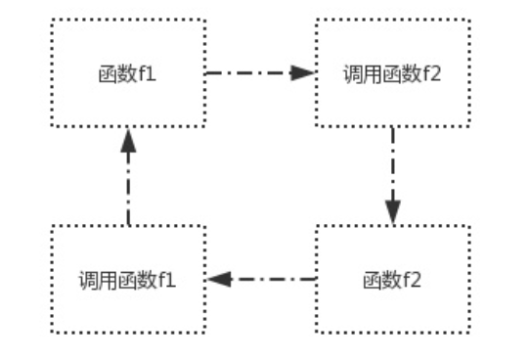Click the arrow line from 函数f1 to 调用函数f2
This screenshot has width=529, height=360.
tap(249, 72)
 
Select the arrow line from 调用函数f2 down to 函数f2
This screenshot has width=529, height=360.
tap(392, 166)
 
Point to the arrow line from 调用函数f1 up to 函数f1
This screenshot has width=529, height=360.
tap(127, 186)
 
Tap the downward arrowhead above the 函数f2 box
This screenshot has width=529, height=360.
tap(392, 213)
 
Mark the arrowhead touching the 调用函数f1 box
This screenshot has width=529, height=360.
tap(217, 279)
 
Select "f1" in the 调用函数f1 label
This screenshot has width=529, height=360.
tap(163, 280)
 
